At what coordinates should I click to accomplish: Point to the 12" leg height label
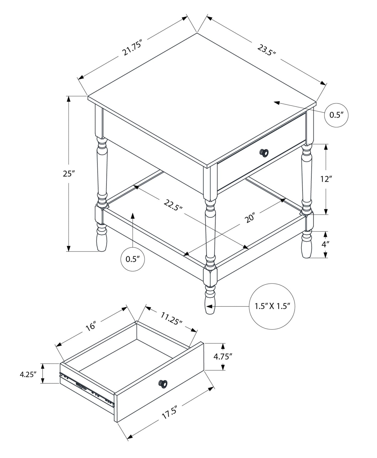point(326,179)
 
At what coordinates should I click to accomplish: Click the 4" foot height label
point(325,244)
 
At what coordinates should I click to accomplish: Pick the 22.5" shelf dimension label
point(173,205)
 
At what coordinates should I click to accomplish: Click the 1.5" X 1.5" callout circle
point(272,306)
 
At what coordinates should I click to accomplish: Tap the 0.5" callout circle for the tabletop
point(336,115)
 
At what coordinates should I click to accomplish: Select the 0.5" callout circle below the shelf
point(133,259)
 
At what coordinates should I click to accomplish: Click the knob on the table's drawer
point(264,152)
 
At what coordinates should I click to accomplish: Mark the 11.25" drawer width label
point(171,318)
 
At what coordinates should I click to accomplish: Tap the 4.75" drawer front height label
point(223,356)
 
